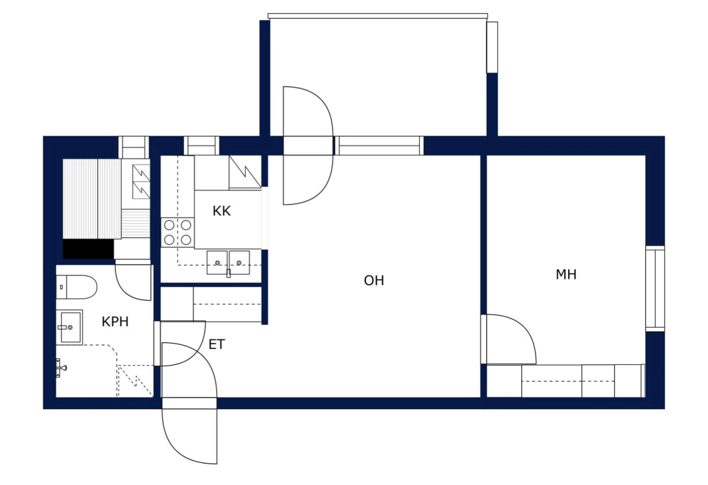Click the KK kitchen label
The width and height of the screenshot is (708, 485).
(x=221, y=211)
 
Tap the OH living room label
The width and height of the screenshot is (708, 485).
(x=374, y=281)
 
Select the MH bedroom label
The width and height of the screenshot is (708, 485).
(x=566, y=274)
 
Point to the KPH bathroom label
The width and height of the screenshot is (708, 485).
(x=115, y=322)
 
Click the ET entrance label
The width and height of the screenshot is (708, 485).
(x=217, y=344)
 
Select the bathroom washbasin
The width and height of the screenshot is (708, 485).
(x=69, y=327)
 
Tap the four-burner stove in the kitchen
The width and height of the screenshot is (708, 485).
(x=177, y=233)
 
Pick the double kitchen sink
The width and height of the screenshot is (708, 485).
(x=228, y=262)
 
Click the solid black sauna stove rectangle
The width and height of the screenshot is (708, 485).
(x=88, y=249)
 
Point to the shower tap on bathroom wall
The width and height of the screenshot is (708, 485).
(x=61, y=367)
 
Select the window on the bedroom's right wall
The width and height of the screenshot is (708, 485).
(x=655, y=288)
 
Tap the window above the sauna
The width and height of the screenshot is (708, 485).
(x=134, y=146)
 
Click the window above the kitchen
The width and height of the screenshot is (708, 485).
(x=201, y=146)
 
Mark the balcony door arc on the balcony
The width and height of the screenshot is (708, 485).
(x=308, y=111)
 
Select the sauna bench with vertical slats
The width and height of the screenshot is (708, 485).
(x=91, y=198)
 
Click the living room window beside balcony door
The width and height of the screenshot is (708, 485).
(x=379, y=146)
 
